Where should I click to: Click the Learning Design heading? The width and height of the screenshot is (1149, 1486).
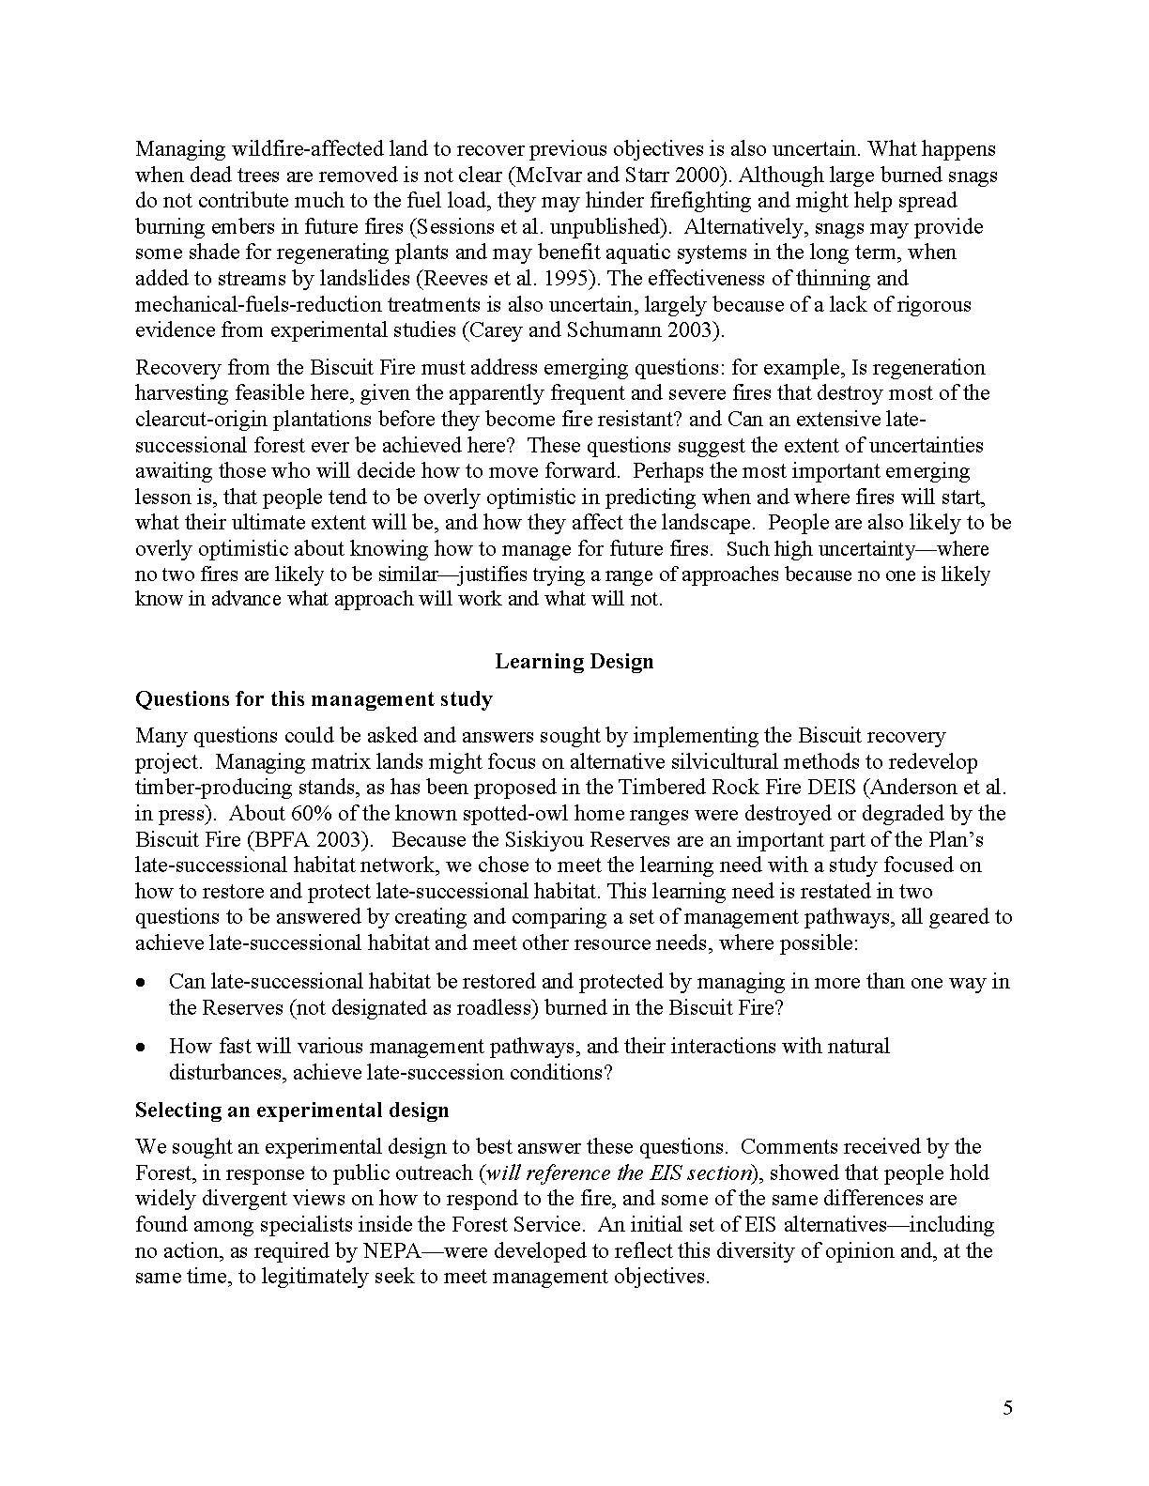(574, 662)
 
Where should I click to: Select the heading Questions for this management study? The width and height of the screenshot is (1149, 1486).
(314, 699)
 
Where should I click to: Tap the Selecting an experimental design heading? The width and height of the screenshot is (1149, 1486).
(292, 1111)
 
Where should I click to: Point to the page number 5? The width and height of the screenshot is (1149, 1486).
(1008, 1407)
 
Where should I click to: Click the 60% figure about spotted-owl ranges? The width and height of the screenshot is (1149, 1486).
(255, 813)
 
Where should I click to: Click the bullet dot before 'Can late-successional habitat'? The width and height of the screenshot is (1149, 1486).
(141, 983)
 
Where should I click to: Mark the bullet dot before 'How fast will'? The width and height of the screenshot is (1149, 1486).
(141, 1047)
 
